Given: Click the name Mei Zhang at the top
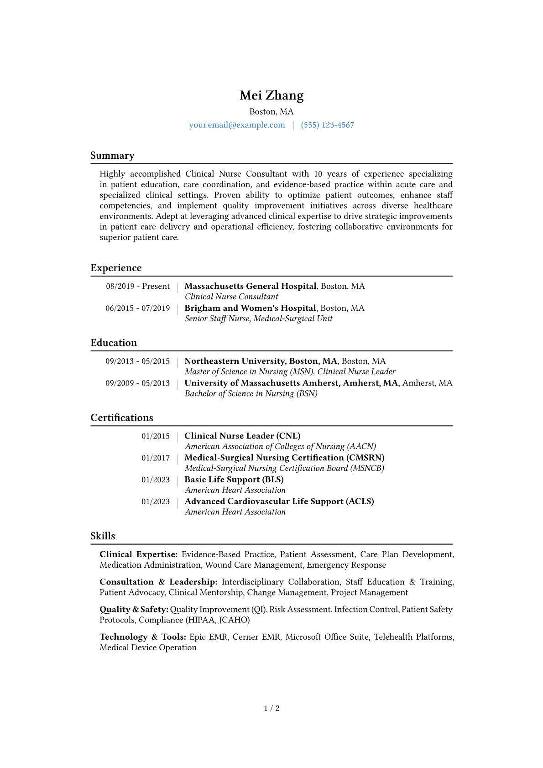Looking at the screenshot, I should click(x=271, y=95).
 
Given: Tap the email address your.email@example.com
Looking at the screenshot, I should click(x=237, y=125).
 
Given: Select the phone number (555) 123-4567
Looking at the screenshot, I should click(x=327, y=125).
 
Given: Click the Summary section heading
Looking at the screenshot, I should click(x=112, y=156).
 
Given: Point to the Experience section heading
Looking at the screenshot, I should click(x=116, y=268).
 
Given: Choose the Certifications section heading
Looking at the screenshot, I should click(x=122, y=418).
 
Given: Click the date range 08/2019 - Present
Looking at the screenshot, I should click(x=138, y=286).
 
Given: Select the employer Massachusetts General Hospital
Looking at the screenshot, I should click(x=250, y=286).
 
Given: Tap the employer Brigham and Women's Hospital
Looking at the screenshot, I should click(x=250, y=308).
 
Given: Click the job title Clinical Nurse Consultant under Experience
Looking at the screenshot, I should click(x=231, y=297).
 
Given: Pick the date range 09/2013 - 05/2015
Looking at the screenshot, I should click(x=137, y=361).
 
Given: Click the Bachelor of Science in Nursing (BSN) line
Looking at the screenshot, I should click(x=251, y=393).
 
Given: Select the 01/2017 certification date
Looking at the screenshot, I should click(x=155, y=458).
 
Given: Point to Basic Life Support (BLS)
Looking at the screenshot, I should click(x=234, y=480).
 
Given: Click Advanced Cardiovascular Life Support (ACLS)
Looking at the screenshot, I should click(x=279, y=502).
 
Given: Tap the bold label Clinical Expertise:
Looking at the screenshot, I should click(x=139, y=554).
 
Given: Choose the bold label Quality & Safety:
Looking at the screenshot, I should click(x=134, y=609).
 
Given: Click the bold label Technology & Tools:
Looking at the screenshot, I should click(x=143, y=637).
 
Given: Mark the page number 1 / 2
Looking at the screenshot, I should click(x=271, y=708).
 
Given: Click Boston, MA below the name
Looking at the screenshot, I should click(x=271, y=112).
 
